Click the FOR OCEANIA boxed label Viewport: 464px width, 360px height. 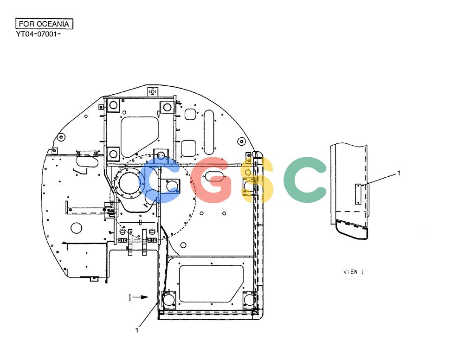44,24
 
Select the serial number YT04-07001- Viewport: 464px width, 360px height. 39,34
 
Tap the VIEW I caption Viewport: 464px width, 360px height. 354,271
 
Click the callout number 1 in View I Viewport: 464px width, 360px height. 399,173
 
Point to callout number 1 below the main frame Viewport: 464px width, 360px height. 137,330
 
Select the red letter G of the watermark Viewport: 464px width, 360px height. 210,180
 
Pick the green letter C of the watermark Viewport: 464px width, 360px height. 304,180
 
